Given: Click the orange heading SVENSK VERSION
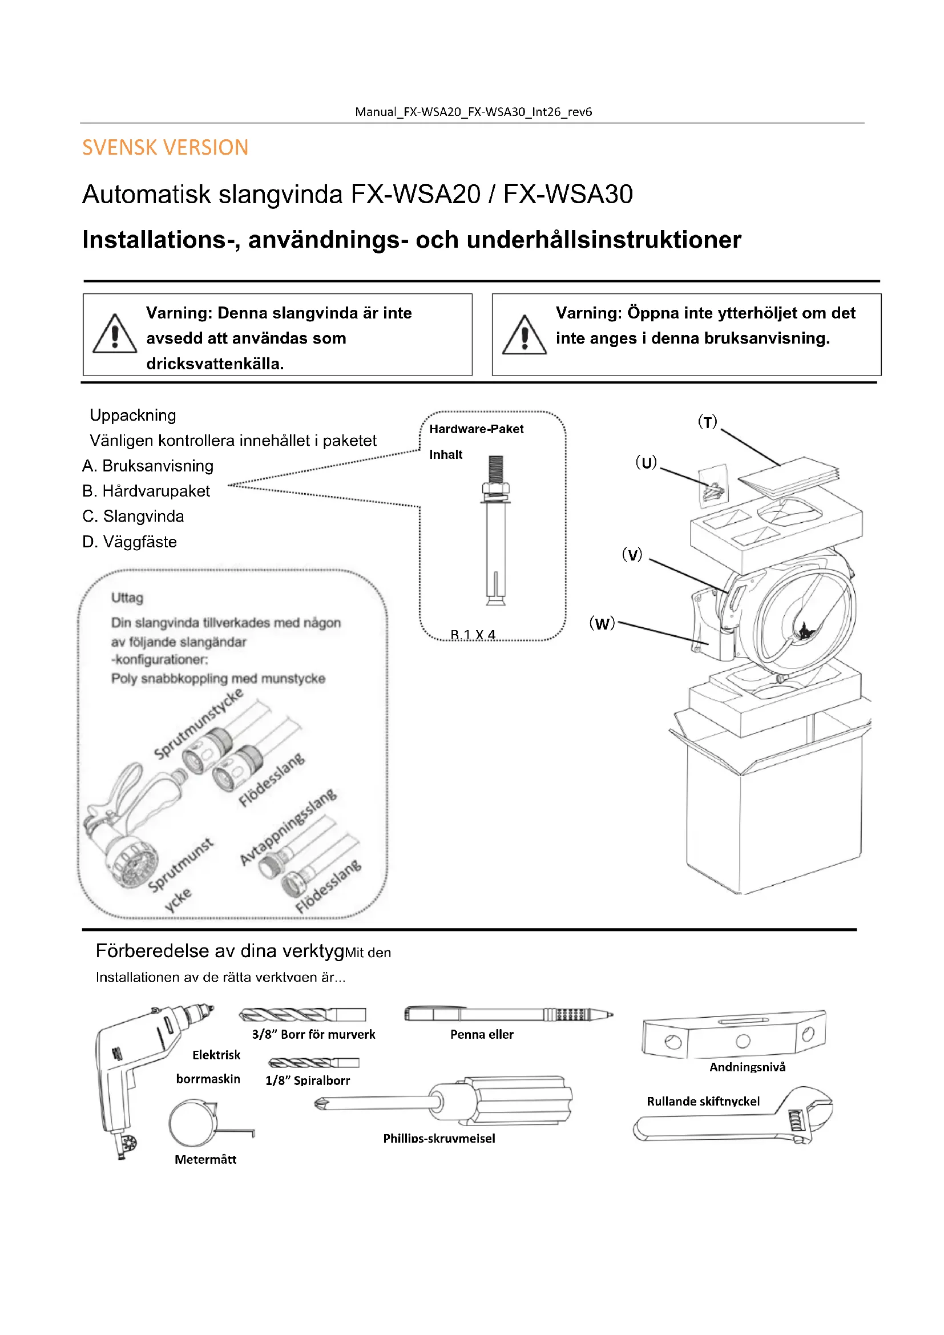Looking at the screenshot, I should click(x=165, y=148).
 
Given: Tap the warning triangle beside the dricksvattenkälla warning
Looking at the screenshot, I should click(x=115, y=336).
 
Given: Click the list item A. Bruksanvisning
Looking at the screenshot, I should click(x=148, y=466).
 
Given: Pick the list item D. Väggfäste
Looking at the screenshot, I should click(x=130, y=542).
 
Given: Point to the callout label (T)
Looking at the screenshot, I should click(x=707, y=422).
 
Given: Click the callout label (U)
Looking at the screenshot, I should click(x=646, y=462).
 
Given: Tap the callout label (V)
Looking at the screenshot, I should click(x=632, y=554).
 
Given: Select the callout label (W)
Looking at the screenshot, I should click(x=602, y=623).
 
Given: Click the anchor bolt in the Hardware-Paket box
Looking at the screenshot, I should click(x=495, y=529).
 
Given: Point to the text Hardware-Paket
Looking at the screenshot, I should click(x=476, y=429).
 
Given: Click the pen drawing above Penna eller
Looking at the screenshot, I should click(x=508, y=1015).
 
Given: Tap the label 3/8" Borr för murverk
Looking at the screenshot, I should click(x=313, y=1034).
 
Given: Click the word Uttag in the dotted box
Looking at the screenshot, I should click(x=127, y=598).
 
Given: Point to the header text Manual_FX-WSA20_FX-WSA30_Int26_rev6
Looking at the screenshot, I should click(x=473, y=112).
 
